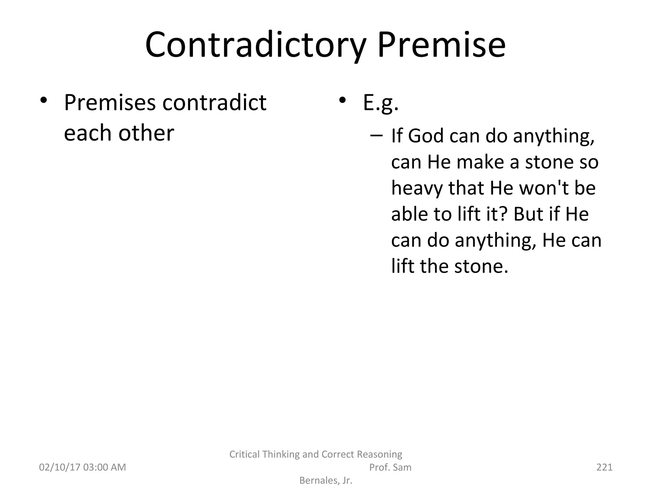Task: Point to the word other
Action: tap(146, 133)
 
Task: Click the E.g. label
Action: tap(381, 103)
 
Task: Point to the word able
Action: tap(409, 214)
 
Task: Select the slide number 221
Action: tap(604, 467)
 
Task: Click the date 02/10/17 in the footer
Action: tap(59, 467)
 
